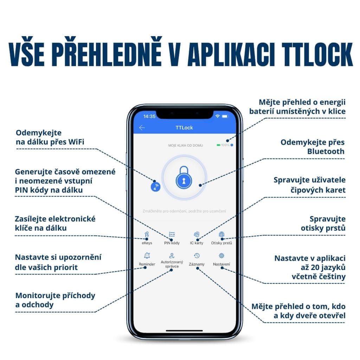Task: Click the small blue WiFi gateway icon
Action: pyautogui.click(x=155, y=187)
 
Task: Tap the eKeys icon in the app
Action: pyautogui.click(x=147, y=234)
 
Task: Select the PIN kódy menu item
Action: pyautogui.click(x=172, y=234)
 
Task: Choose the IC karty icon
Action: pyautogui.click(x=197, y=234)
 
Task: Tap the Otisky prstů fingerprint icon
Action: pyautogui.click(x=221, y=234)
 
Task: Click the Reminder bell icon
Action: pyautogui.click(x=147, y=256)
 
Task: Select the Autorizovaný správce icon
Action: pyautogui.click(x=172, y=256)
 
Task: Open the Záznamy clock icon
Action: pyautogui.click(x=197, y=256)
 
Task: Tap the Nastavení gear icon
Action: pyautogui.click(x=221, y=256)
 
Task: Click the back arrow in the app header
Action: pyautogui.click(x=142, y=128)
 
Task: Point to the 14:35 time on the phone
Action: pyautogui.click(x=149, y=116)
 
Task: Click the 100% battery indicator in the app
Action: pyautogui.click(x=225, y=145)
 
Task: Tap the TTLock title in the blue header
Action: pyautogui.click(x=184, y=128)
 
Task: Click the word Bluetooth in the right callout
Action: pyautogui.click(x=326, y=152)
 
